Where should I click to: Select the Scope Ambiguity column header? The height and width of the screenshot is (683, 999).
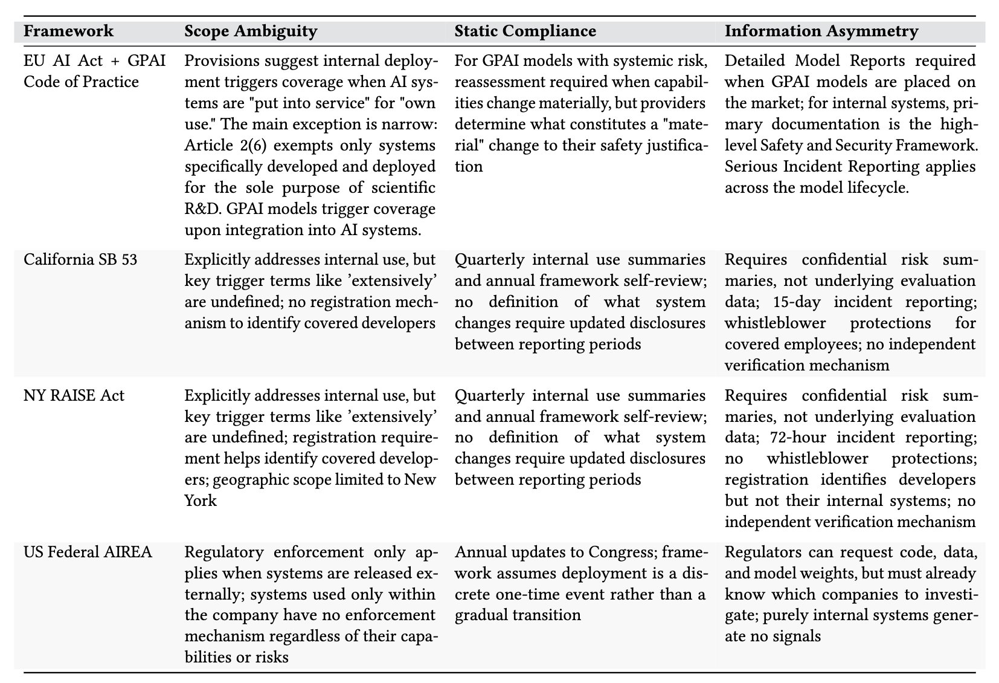click(x=251, y=31)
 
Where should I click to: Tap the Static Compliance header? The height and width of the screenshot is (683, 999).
click(x=525, y=31)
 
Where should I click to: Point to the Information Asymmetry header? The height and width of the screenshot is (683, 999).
click(x=821, y=31)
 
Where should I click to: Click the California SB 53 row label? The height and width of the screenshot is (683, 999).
click(x=80, y=260)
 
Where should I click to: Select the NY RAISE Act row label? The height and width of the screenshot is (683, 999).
click(x=74, y=396)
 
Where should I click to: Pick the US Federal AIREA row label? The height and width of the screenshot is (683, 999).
click(x=88, y=552)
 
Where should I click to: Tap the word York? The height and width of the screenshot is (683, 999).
click(x=200, y=501)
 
